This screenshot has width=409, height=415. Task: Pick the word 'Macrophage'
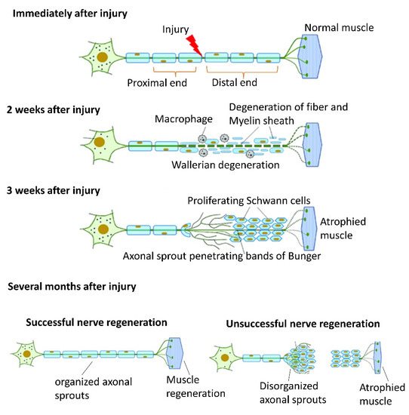point(181,120)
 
